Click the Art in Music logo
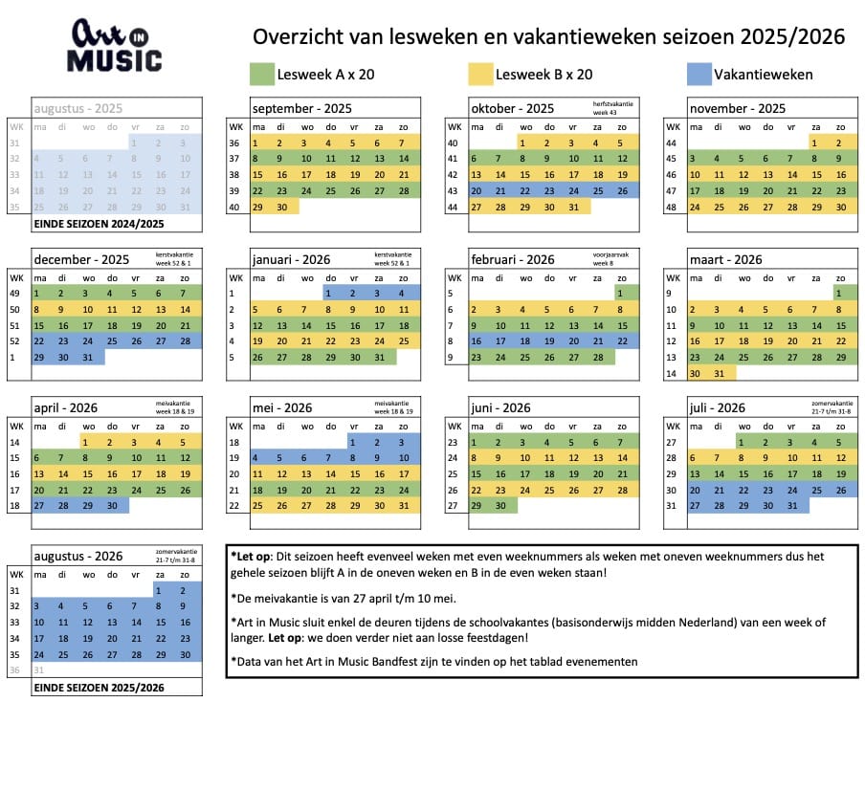115,46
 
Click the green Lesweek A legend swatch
260,74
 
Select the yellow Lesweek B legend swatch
479,74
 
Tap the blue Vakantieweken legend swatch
699,74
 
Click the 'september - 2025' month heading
301,108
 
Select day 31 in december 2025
87,357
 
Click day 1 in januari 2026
330,294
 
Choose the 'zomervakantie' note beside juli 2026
831,406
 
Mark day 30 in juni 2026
500,506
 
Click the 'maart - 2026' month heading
725,259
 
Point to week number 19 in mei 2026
234,458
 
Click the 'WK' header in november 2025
673,126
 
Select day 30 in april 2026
112,506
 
